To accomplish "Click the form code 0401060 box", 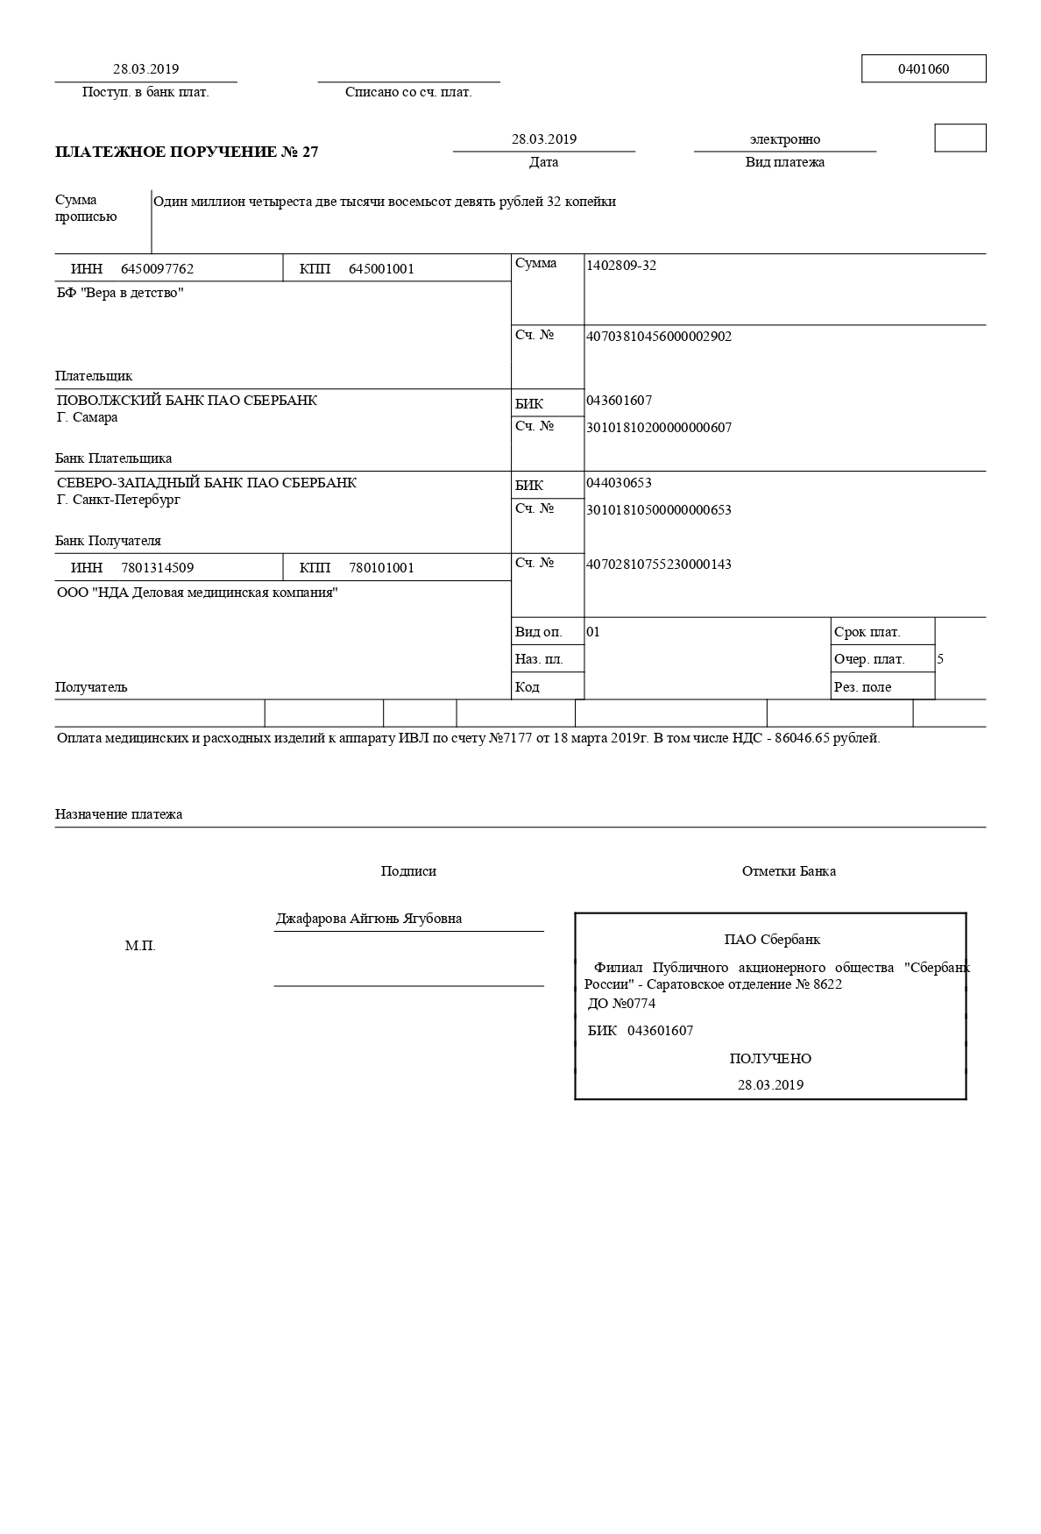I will (923, 69).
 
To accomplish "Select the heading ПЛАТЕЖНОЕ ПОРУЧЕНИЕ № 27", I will (187, 152).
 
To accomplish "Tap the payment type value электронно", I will (784, 139).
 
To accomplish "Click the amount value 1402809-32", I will (620, 266).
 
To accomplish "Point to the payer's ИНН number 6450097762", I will (157, 269).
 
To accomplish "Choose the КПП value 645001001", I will (381, 269).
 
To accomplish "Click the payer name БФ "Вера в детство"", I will (120, 293).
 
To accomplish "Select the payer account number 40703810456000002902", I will (658, 337).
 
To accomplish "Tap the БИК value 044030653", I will (619, 483).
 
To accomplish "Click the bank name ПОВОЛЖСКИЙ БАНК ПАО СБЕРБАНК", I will (187, 401).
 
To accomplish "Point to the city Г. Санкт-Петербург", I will (118, 500).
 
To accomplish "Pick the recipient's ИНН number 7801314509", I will (157, 568).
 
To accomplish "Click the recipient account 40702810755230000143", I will (658, 565).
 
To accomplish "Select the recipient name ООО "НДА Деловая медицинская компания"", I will (197, 593).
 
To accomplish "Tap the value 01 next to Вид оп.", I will (593, 632).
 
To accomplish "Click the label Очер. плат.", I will (869, 659).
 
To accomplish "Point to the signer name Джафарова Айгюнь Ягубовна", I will (368, 919).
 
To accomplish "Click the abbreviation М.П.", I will (140, 947).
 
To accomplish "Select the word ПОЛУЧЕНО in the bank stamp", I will (770, 1059).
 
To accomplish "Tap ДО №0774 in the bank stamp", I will (621, 1004).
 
